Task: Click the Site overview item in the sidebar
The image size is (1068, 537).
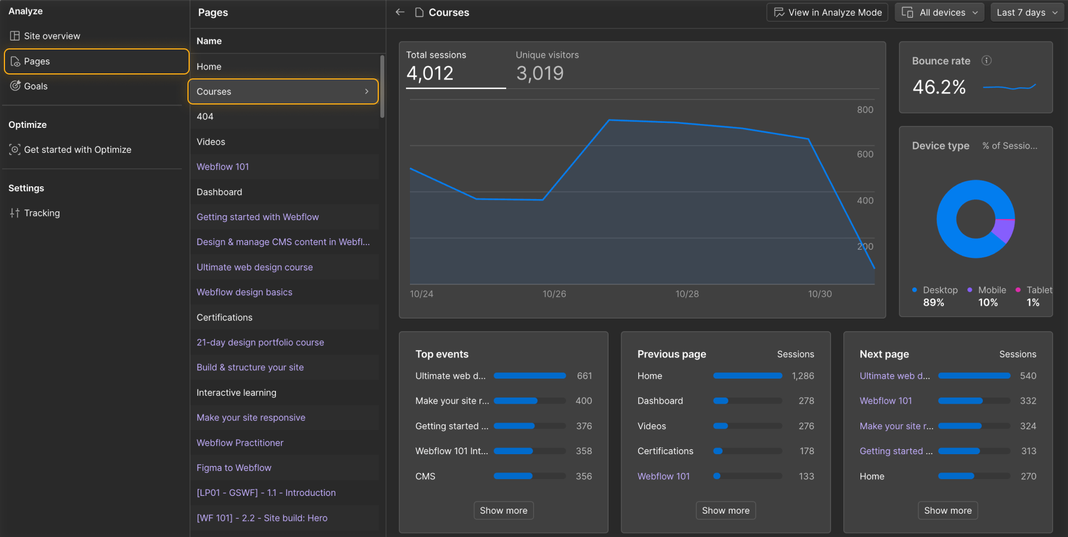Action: [x=52, y=36]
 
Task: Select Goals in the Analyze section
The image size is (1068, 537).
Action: [x=36, y=86]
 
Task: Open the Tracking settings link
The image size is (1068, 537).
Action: [x=42, y=213]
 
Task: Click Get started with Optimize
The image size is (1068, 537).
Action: [x=77, y=150]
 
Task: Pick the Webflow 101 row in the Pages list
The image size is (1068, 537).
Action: [x=222, y=167]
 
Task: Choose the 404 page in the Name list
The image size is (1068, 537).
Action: [x=205, y=117]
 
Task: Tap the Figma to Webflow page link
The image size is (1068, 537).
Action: [x=234, y=468]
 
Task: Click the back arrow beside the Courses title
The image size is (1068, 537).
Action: [x=400, y=12]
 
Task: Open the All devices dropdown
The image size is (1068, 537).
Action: [x=939, y=12]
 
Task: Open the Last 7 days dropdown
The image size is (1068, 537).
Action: [x=1027, y=12]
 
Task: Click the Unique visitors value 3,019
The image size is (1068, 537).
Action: [x=540, y=73]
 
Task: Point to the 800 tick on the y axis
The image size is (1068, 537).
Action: [x=865, y=110]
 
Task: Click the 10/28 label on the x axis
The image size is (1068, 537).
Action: [x=687, y=294]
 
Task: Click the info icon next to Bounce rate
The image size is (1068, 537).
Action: [x=986, y=61]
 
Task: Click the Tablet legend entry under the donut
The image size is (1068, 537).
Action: [x=1038, y=290]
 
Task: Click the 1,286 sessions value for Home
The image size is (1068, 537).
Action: [x=803, y=376]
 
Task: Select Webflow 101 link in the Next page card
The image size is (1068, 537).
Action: [x=886, y=401]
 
